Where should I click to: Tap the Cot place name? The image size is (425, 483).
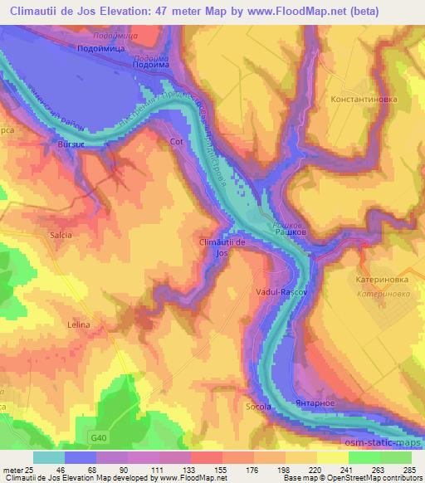coord(175,142)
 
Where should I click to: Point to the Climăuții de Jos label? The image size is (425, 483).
coord(222,246)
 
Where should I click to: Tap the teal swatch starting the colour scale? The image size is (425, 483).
coord(49,457)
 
